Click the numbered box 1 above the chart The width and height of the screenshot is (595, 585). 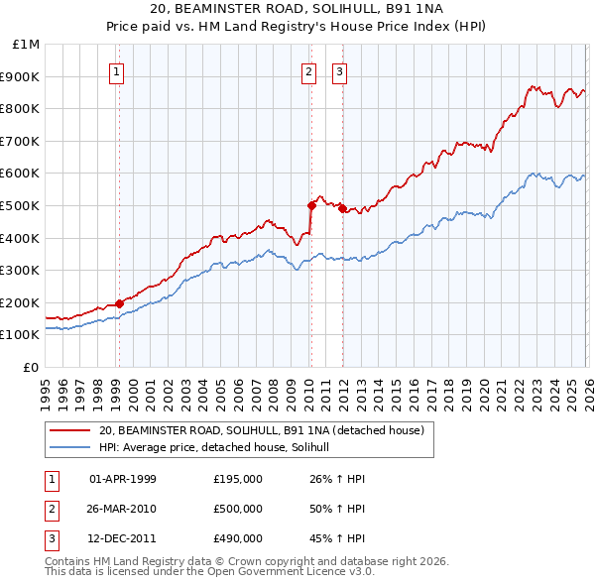[117, 71]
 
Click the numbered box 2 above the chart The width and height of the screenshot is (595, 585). [309, 71]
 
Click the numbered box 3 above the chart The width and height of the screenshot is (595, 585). [339, 71]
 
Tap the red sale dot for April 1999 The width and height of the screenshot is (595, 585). [119, 303]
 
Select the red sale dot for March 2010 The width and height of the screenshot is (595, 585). [310, 205]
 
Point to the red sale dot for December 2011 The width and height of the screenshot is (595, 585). [341, 208]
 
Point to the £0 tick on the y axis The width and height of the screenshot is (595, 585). [32, 367]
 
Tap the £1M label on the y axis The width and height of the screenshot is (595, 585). [27, 45]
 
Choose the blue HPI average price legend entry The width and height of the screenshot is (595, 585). [220, 447]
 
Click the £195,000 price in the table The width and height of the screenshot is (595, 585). [237, 479]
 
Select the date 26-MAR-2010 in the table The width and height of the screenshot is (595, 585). [123, 509]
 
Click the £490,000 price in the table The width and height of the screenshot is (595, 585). [237, 538]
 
